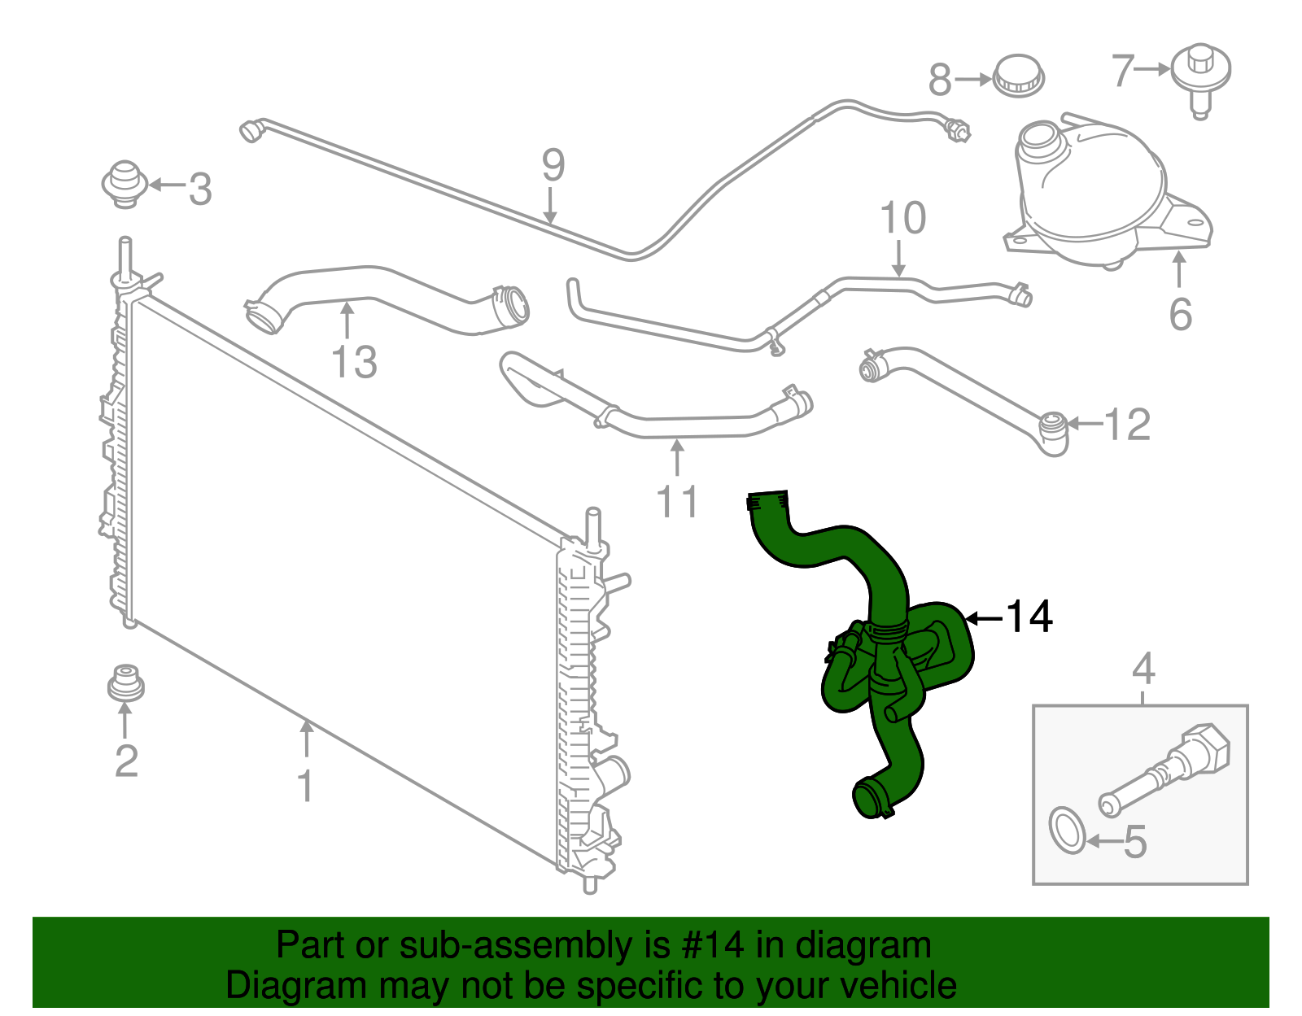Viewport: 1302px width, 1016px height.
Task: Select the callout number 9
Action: [553, 166]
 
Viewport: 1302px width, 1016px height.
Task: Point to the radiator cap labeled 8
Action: [1018, 76]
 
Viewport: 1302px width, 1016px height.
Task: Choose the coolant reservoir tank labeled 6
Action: [1090, 195]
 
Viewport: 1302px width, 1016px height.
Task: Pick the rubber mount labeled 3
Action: [124, 184]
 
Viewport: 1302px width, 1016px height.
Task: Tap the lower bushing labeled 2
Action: [125, 684]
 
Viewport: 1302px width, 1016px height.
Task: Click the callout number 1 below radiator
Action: [306, 786]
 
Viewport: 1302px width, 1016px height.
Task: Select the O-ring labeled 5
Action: [1067, 831]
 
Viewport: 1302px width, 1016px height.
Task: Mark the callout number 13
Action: [355, 362]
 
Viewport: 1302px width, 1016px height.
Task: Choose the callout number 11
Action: [677, 502]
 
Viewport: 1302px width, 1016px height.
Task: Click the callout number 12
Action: [1127, 425]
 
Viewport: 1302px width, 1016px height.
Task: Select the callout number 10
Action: [902, 218]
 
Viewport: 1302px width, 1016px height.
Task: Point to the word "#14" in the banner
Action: [708, 946]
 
